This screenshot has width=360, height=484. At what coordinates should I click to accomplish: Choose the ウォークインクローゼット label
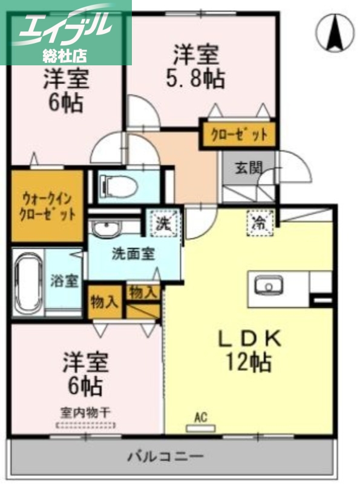[x=47, y=206]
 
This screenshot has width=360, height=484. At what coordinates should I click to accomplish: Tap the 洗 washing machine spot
[x=162, y=222]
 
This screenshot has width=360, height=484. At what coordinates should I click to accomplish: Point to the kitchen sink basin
[x=266, y=286]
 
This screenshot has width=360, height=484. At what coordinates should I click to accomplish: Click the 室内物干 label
[x=86, y=413]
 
